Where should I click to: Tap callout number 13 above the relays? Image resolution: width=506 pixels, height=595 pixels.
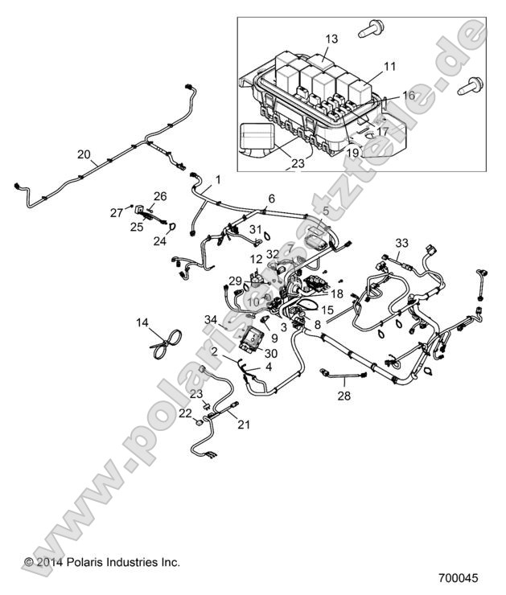tap(332, 39)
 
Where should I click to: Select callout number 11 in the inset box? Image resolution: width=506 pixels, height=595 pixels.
tap(389, 66)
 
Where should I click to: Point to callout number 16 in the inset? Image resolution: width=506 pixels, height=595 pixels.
tap(409, 95)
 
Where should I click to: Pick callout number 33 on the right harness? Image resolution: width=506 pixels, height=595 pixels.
tap(401, 243)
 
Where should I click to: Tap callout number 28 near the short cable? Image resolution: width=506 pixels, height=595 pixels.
tap(344, 396)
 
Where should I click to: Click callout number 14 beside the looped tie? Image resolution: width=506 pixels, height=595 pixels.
tap(142, 322)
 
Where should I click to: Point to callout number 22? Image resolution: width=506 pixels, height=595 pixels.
tap(186, 412)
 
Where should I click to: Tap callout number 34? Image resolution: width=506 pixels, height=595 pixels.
tap(210, 321)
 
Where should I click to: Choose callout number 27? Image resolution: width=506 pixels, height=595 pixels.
tap(114, 212)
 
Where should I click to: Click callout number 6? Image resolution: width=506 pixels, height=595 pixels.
tap(271, 198)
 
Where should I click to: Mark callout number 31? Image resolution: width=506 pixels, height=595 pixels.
tap(255, 230)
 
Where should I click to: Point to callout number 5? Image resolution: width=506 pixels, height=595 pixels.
tap(325, 211)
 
